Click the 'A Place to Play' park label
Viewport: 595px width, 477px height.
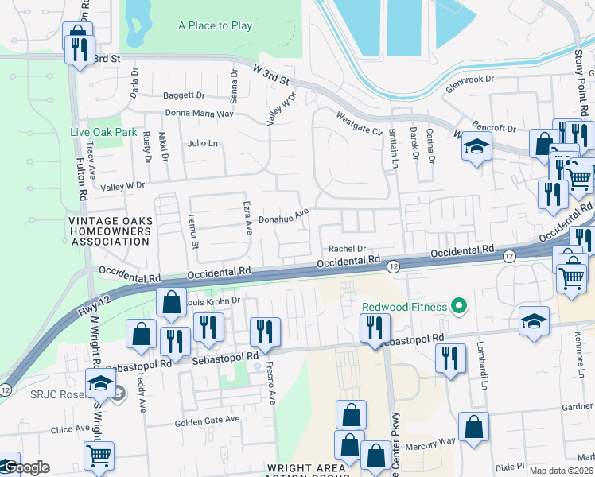coord(215,26)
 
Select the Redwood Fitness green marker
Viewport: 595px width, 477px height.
coord(457,306)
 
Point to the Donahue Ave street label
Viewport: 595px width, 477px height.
coord(284,215)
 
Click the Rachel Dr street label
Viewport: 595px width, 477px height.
coord(347,248)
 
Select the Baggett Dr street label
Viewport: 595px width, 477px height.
coord(184,95)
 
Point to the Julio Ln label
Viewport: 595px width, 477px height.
coord(202,144)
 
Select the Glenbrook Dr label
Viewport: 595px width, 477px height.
coord(470,79)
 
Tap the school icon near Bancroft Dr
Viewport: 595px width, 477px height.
coord(476,147)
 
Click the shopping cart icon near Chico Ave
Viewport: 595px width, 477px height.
coord(99,455)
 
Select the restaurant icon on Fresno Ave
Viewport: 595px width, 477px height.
coord(264,332)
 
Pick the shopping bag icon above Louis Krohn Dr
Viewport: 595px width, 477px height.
coord(171,303)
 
